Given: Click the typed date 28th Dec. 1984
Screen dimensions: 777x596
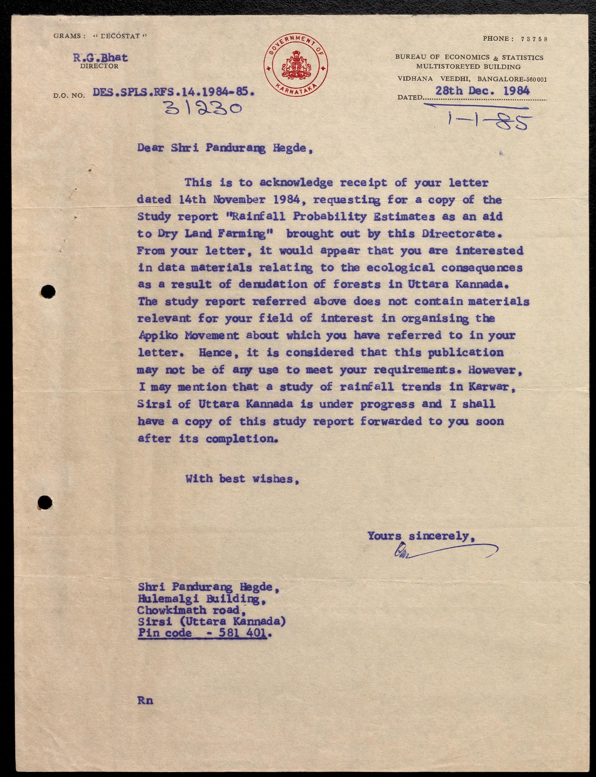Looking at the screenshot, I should (x=482, y=91).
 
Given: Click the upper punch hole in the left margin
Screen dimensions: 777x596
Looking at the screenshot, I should (x=48, y=292).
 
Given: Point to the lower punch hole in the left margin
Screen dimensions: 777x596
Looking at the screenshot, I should (x=45, y=502).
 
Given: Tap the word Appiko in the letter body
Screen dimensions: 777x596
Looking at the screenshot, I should (x=158, y=335).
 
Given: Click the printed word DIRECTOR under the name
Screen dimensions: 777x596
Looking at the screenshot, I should (x=99, y=66).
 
